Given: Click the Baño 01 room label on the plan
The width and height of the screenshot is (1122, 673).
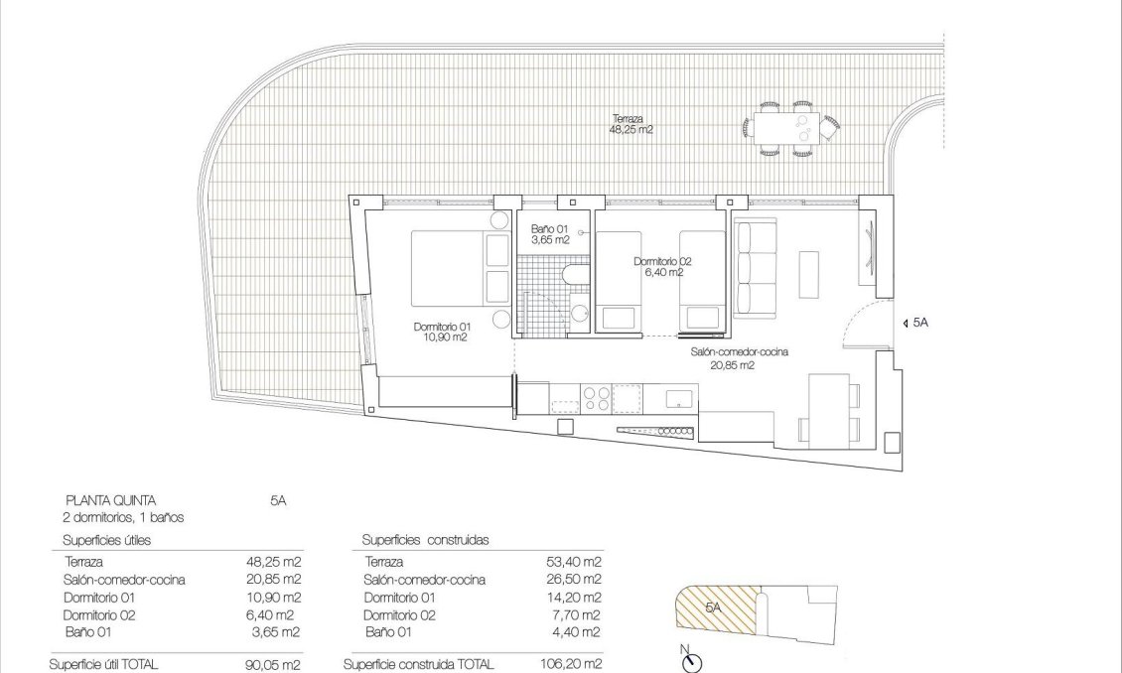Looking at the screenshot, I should coord(549,233).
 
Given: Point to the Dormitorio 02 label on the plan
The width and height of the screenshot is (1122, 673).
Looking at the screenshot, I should coord(662,266).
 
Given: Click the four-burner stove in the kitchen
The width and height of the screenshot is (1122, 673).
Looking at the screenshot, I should coord(595,398).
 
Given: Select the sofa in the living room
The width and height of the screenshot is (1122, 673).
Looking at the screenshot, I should coord(756,268).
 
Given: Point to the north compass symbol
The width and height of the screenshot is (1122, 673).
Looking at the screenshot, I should coord(692,662).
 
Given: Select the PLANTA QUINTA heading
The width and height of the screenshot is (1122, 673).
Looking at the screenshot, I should coord(110,501).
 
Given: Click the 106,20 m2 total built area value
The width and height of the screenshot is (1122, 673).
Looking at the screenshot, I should coord(574,665).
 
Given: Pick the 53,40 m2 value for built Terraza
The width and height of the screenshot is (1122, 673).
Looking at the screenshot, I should coord(577,562).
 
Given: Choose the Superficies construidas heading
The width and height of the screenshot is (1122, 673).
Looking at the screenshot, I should coord(425,540).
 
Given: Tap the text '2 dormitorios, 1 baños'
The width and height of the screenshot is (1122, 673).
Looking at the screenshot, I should coord(124,517).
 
